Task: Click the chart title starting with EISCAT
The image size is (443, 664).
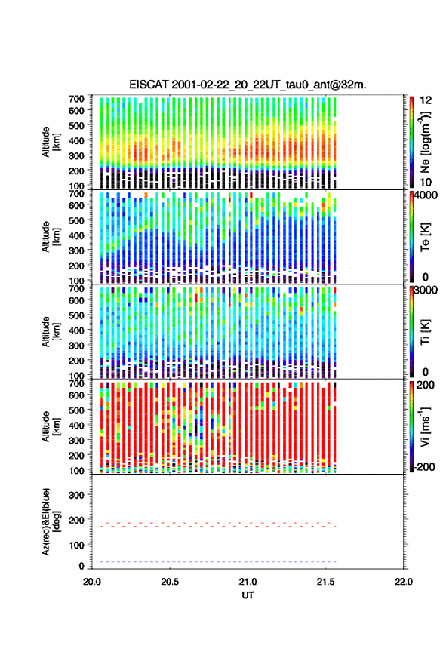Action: click(x=248, y=85)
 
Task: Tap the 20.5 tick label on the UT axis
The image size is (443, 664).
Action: click(x=170, y=582)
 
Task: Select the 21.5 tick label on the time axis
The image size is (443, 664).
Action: click(x=326, y=582)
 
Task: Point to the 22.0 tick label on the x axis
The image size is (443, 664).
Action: click(x=403, y=582)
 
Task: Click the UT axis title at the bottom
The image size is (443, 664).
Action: click(x=248, y=595)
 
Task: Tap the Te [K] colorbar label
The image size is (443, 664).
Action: click(x=425, y=237)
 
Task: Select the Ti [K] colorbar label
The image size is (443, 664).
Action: click(x=425, y=332)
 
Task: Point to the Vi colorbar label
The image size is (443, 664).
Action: click(x=425, y=426)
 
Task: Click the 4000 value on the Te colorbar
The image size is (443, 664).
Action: click(x=426, y=195)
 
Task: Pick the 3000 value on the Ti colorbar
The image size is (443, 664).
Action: click(x=426, y=290)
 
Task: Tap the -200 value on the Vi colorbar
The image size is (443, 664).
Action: click(x=425, y=466)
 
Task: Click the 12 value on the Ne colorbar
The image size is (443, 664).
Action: click(x=426, y=100)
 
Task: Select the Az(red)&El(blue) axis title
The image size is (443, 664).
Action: click(x=51, y=521)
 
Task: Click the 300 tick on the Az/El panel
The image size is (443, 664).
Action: click(x=76, y=495)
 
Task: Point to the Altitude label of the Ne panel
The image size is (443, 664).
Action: click(x=51, y=142)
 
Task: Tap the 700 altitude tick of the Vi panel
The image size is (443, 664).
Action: click(x=76, y=383)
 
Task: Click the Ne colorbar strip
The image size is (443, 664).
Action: click(x=411, y=142)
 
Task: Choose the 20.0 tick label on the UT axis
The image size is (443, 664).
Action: click(x=92, y=582)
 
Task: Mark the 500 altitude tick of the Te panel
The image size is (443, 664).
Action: click(x=76, y=220)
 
